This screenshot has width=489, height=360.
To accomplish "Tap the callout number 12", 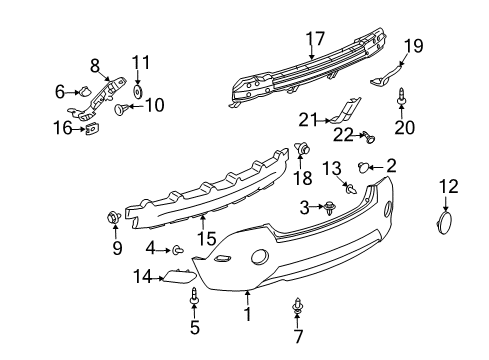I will (x=448, y=185).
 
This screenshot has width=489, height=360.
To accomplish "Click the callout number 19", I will (x=413, y=44).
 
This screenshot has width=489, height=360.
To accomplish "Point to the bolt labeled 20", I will (x=401, y=99).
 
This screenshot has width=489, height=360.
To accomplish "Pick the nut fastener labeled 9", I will (x=114, y=217).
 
